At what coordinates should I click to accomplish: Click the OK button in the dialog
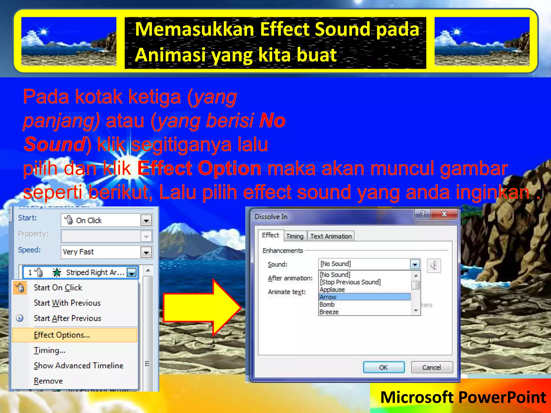(x=383, y=367)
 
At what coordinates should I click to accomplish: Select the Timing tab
(x=295, y=236)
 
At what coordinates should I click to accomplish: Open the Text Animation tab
(x=331, y=236)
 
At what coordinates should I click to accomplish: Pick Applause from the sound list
(x=332, y=290)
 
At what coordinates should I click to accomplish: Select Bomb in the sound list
(x=327, y=305)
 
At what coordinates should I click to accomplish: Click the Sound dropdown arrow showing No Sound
(x=415, y=264)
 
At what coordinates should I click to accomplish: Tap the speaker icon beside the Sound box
(x=433, y=266)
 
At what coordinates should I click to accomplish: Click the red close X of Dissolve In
(x=444, y=214)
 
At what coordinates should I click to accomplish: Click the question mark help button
(x=423, y=214)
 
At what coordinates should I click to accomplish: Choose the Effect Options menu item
(x=62, y=335)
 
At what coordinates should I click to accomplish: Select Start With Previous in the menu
(x=67, y=303)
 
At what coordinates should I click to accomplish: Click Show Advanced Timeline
(x=78, y=366)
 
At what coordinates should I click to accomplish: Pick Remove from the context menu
(x=48, y=381)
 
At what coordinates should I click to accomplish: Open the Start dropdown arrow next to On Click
(x=146, y=220)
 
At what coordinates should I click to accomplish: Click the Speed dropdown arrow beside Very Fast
(x=146, y=252)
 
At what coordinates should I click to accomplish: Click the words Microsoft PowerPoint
(x=463, y=397)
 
